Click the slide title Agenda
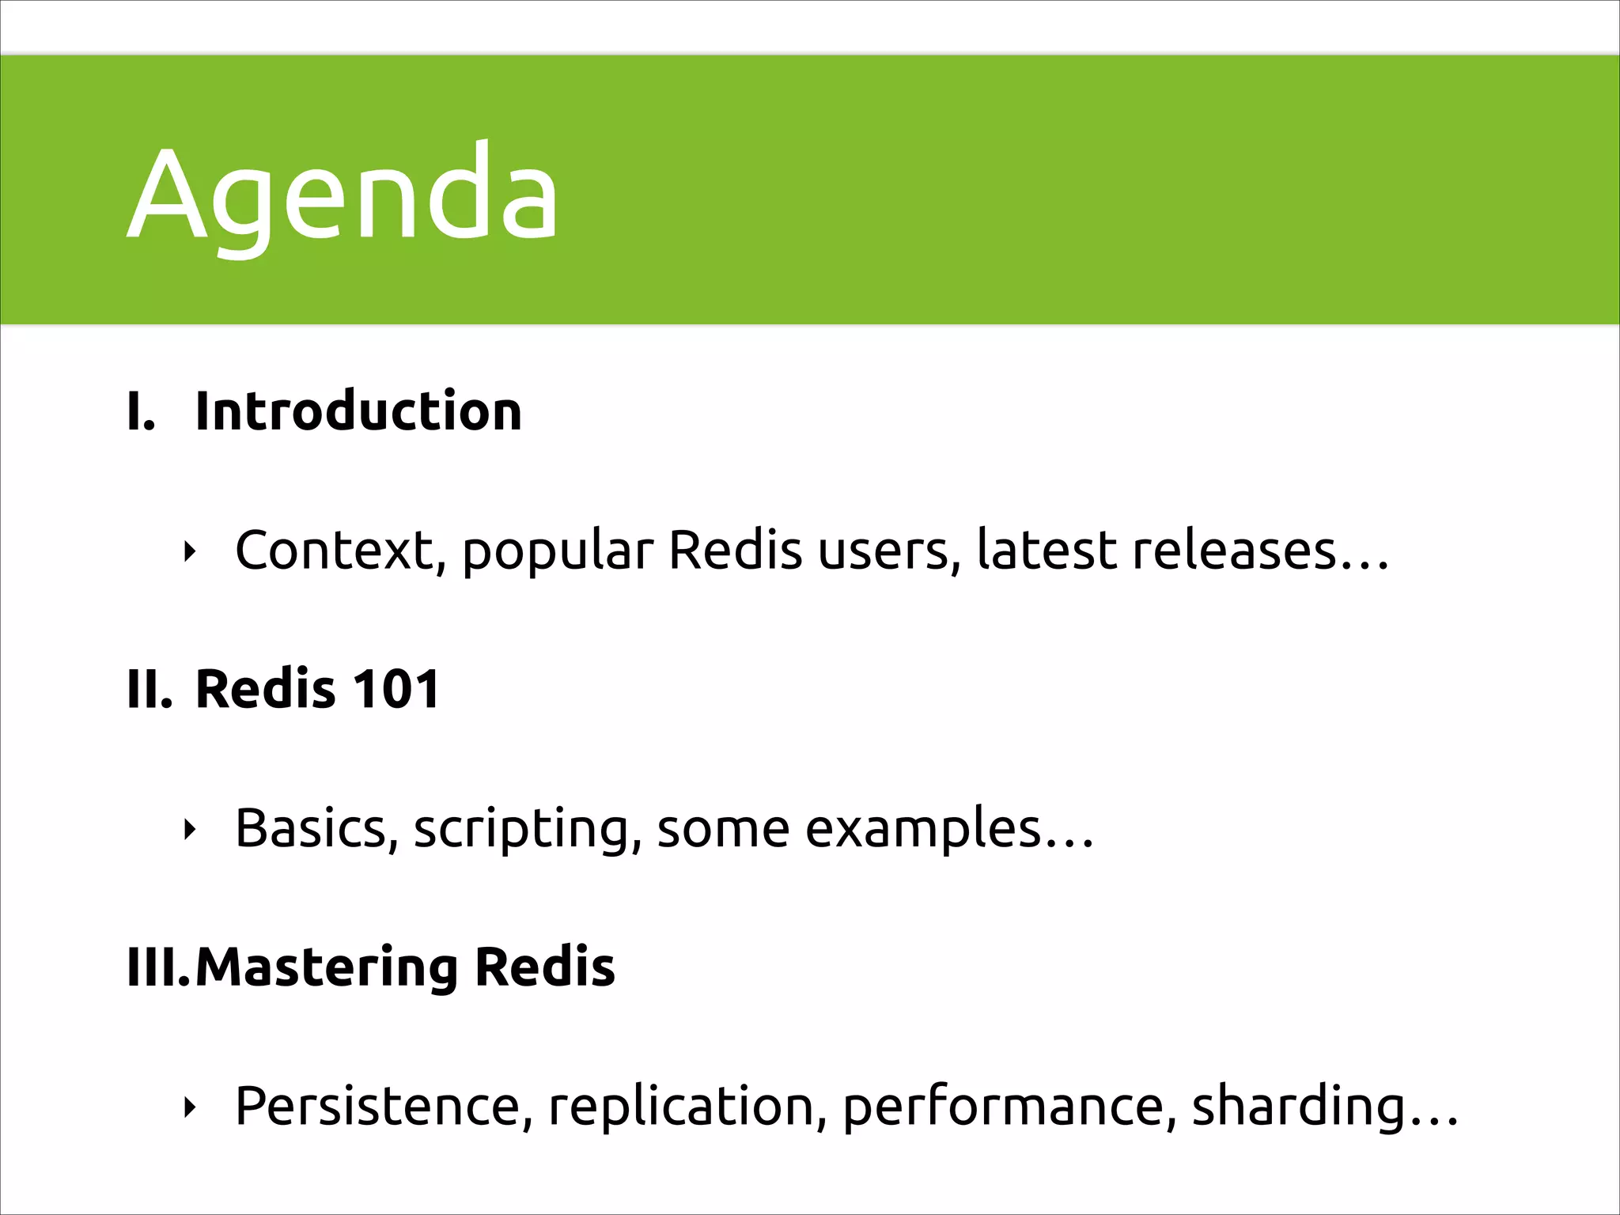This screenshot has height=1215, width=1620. [x=342, y=194]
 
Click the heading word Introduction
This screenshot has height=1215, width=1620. [x=358, y=411]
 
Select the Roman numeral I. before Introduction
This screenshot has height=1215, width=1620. [x=141, y=412]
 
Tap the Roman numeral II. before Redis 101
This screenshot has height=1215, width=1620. [x=149, y=689]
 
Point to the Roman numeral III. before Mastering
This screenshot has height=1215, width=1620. [x=158, y=967]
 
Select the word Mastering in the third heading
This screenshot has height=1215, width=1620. [x=326, y=968]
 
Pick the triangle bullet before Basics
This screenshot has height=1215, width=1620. [x=188, y=830]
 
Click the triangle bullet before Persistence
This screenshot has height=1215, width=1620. [x=188, y=1108]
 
